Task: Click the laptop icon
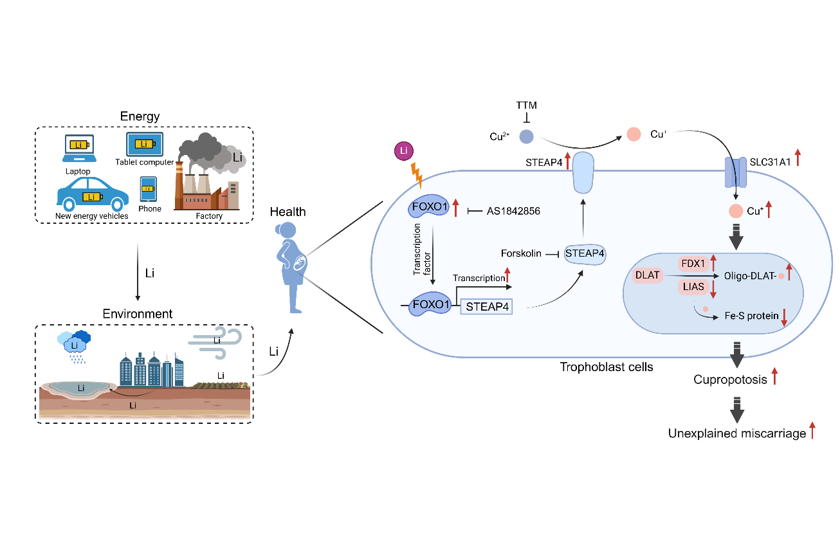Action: (x=78, y=149)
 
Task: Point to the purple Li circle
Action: (x=403, y=152)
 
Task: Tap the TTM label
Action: (x=526, y=104)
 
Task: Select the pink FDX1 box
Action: (x=693, y=263)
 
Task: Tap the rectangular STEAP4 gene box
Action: (x=487, y=307)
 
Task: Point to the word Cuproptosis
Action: (x=731, y=379)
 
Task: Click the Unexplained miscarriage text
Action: (x=737, y=434)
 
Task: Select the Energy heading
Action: (x=140, y=116)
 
